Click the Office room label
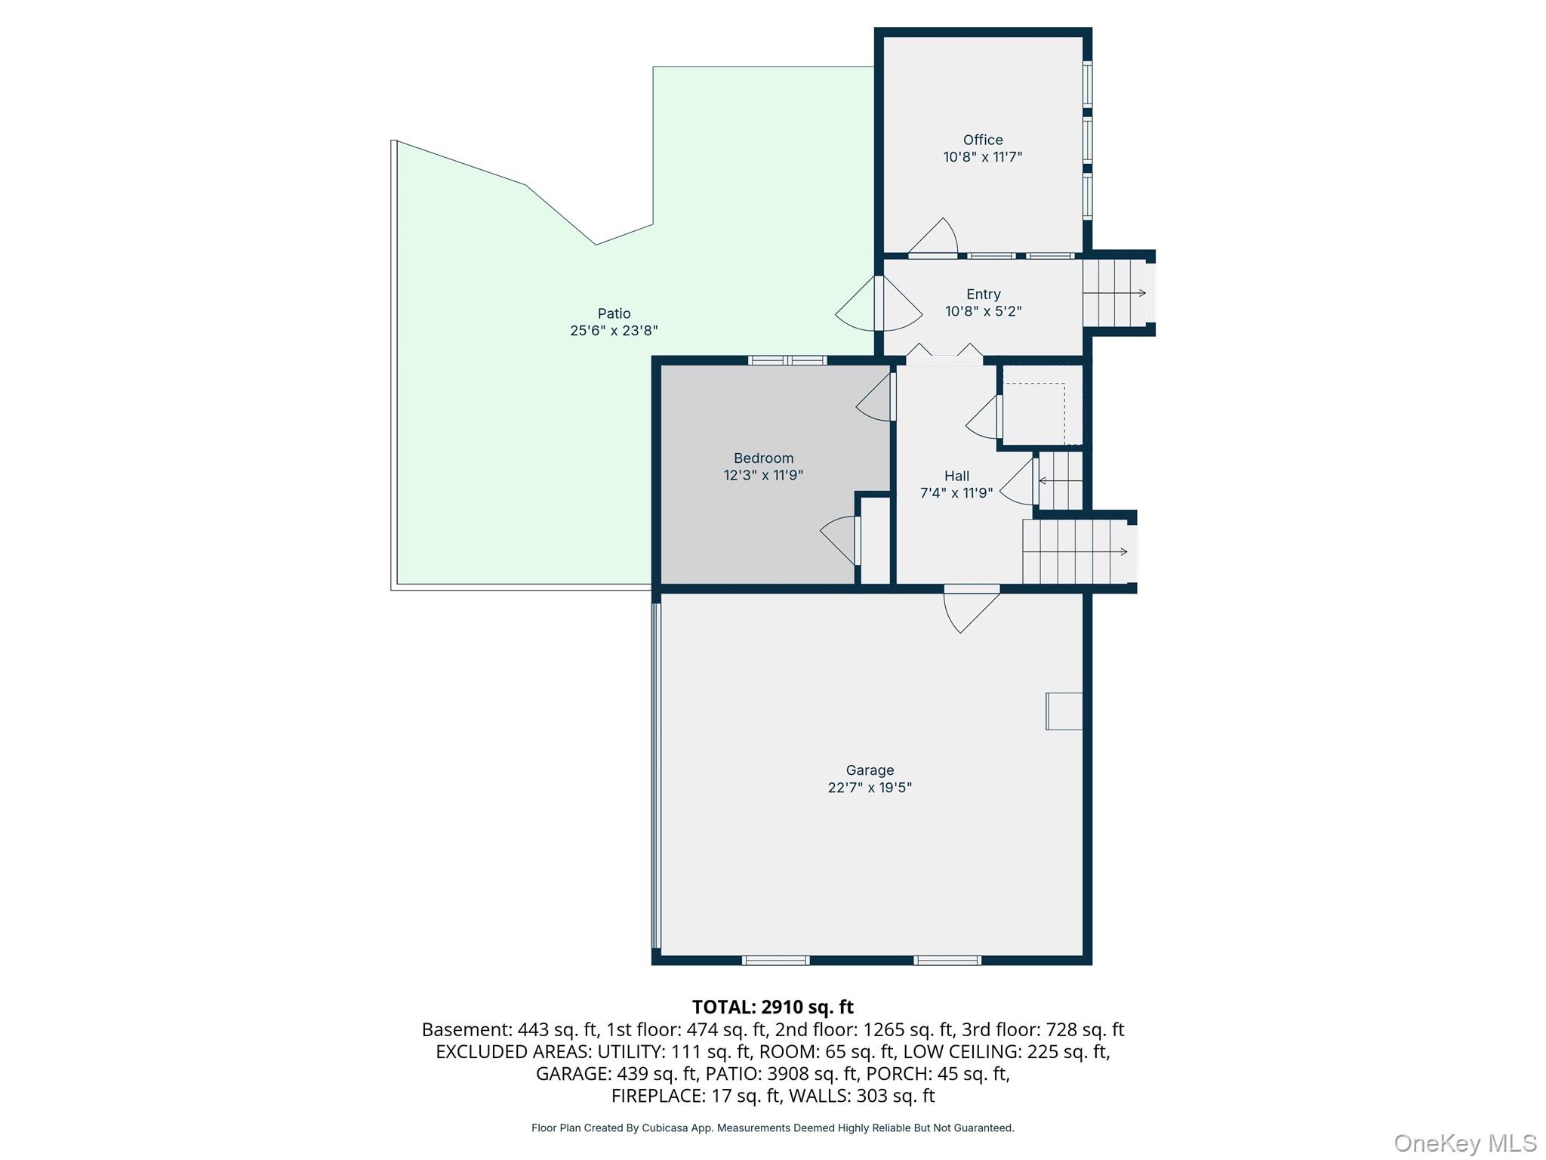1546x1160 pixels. click(982, 140)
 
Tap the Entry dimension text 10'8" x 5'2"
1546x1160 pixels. click(983, 311)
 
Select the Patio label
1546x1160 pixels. click(614, 313)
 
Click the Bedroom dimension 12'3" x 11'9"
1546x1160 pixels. click(763, 475)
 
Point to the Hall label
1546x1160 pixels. click(956, 476)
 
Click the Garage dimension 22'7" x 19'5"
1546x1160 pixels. click(870, 787)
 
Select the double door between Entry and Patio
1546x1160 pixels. click(879, 304)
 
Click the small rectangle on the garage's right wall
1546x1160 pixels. click(1064, 711)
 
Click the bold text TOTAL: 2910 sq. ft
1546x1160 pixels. click(772, 1007)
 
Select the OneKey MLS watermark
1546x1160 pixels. click(1464, 1143)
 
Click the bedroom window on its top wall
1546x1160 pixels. click(787, 360)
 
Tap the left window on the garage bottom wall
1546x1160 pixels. click(775, 960)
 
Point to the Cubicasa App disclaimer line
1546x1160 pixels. click(772, 1128)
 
